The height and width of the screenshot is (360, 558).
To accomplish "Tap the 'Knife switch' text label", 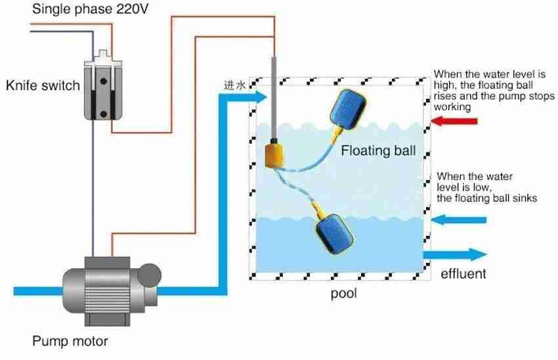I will click(43, 85).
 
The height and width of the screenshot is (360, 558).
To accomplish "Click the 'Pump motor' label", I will click(70, 341).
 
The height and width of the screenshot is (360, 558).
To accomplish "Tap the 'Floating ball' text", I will click(378, 150).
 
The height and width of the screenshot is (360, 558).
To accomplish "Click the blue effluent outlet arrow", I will click(456, 254).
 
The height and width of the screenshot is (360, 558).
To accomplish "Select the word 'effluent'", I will click(463, 274).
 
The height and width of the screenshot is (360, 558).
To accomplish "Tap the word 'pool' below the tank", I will click(343, 294).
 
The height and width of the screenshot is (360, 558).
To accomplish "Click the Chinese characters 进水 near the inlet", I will click(234, 85).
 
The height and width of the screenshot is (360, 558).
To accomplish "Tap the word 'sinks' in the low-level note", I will click(523, 198).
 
